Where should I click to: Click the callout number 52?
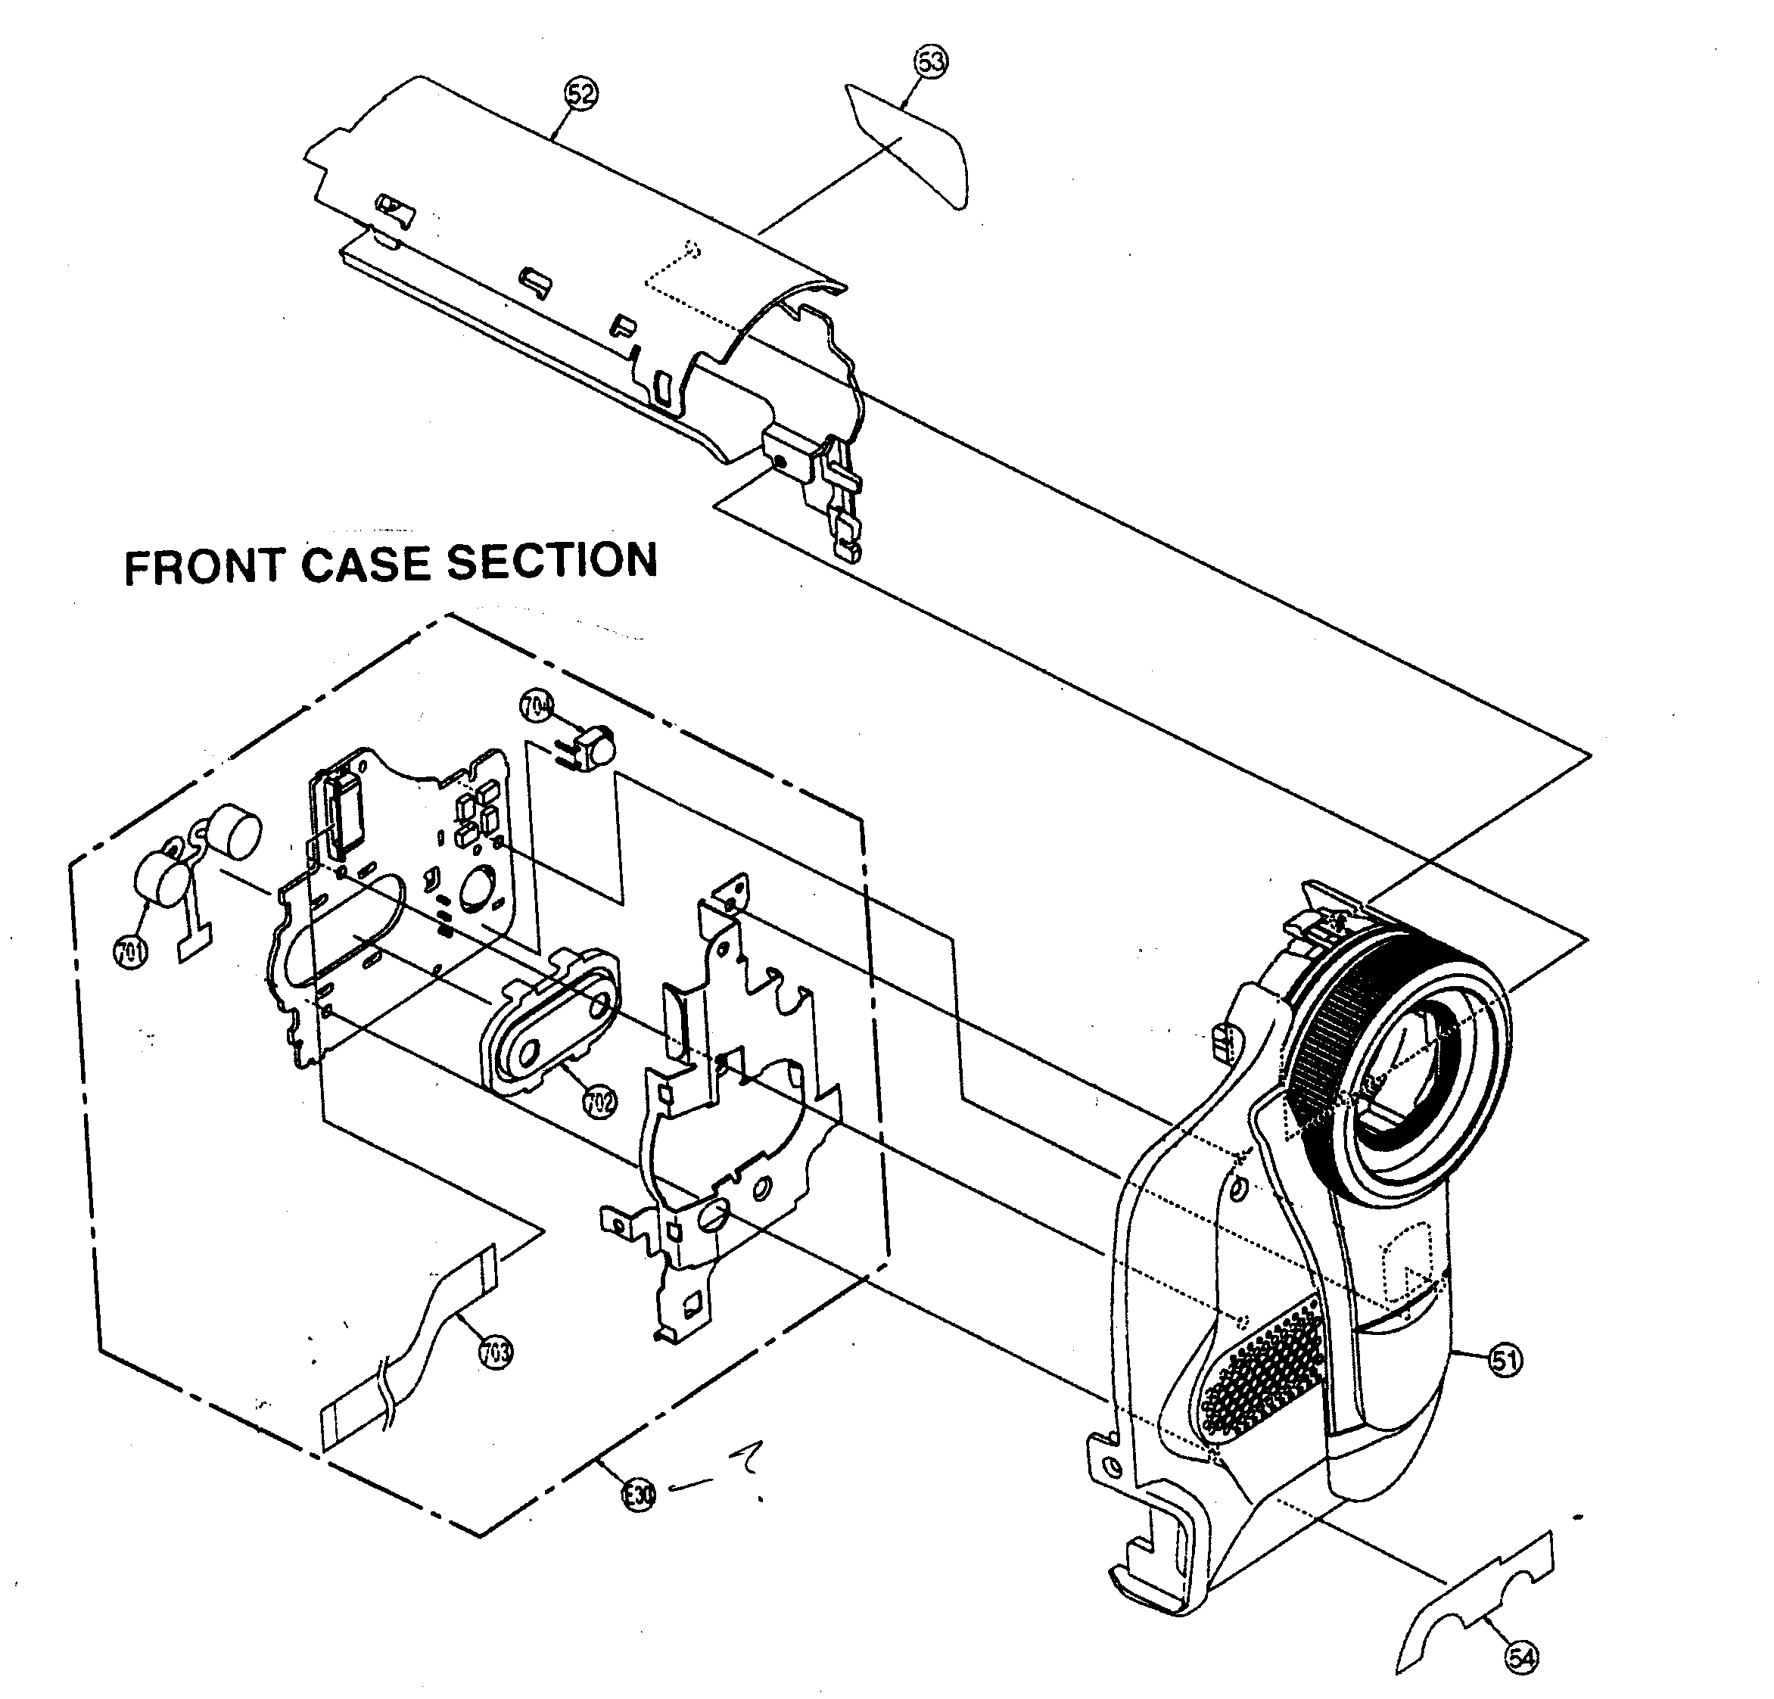581,94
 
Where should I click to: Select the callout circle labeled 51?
1505,1361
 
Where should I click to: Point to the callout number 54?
1520,1657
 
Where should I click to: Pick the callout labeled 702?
599,1102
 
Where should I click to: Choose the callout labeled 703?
496,1352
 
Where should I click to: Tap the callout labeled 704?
537,707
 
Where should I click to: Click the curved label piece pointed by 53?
910,145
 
